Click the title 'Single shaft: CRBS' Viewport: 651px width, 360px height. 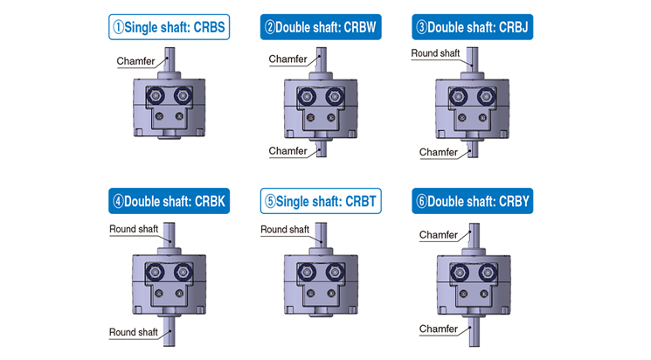tap(169, 27)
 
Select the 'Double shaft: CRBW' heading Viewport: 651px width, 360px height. tap(320, 27)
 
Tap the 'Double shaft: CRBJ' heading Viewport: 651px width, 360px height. tap(472, 27)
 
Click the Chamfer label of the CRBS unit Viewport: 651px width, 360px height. tap(135, 60)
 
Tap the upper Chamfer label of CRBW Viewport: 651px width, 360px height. tap(287, 59)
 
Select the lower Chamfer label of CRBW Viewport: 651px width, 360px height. tap(287, 151)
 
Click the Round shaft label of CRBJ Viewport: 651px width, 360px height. tap(435, 53)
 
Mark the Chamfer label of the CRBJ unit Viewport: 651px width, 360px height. tap(439, 152)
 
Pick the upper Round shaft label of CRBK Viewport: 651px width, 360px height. tap(134, 229)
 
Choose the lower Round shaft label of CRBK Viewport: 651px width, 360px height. tap(134, 332)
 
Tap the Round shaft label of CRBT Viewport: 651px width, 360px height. tap(285, 230)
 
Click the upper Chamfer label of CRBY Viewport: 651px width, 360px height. tap(439, 235)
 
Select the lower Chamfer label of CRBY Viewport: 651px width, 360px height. tap(439, 329)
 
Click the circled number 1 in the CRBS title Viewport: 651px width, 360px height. tap(117, 27)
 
